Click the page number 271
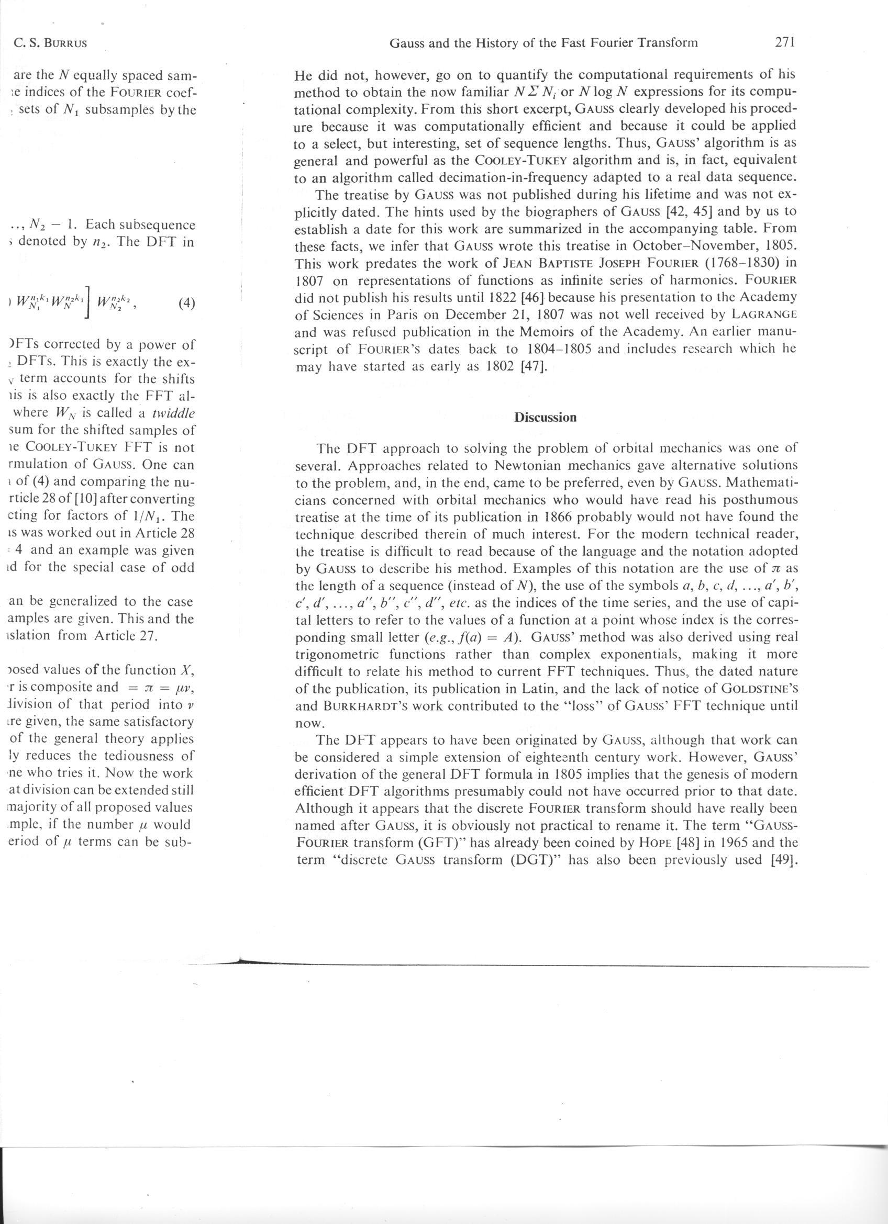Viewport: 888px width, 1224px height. pos(783,42)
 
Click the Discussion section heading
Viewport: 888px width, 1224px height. pos(545,417)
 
